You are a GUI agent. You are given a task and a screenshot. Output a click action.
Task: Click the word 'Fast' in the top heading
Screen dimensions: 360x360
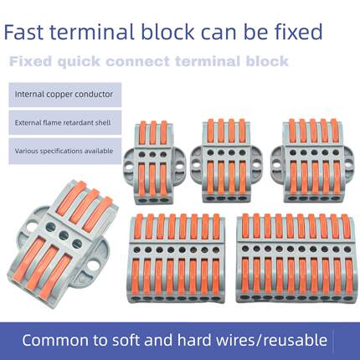click(23, 32)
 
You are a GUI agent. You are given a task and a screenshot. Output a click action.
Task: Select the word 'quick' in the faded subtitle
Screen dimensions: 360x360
click(79, 62)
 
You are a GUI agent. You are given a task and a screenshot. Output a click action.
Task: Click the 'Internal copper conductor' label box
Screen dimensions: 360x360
click(65, 95)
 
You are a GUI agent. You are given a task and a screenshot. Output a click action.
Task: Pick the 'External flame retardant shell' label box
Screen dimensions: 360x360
click(65, 122)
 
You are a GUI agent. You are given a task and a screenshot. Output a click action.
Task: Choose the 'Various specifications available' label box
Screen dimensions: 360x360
click(65, 151)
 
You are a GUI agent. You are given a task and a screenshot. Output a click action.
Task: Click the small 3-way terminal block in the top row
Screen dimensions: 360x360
click(152, 162)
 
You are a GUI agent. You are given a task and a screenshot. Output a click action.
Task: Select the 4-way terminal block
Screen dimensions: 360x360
click(226, 161)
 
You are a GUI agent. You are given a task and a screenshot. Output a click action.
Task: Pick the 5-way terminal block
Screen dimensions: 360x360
click(312, 161)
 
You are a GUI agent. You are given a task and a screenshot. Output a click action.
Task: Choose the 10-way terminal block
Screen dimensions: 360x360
click(296, 258)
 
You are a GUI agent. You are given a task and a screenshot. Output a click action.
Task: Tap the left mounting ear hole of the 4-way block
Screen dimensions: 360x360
click(197, 165)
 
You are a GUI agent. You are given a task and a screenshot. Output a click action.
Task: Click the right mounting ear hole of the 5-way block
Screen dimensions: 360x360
click(348, 165)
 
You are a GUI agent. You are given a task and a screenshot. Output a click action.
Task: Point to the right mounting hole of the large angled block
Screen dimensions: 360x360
click(92, 265)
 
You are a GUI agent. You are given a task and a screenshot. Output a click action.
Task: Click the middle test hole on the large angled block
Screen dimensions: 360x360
click(64, 234)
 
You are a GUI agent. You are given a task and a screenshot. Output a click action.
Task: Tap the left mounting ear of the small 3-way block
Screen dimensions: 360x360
click(129, 163)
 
